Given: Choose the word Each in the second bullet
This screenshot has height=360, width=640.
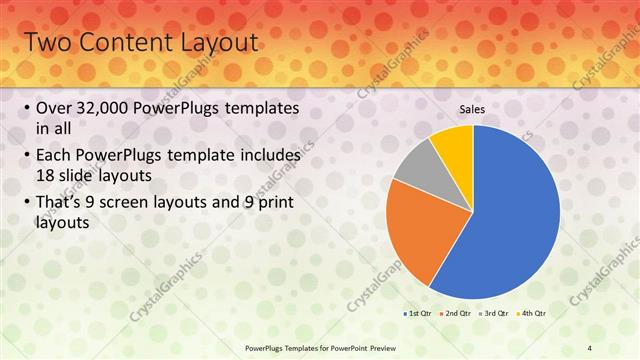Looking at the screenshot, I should [55, 156].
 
